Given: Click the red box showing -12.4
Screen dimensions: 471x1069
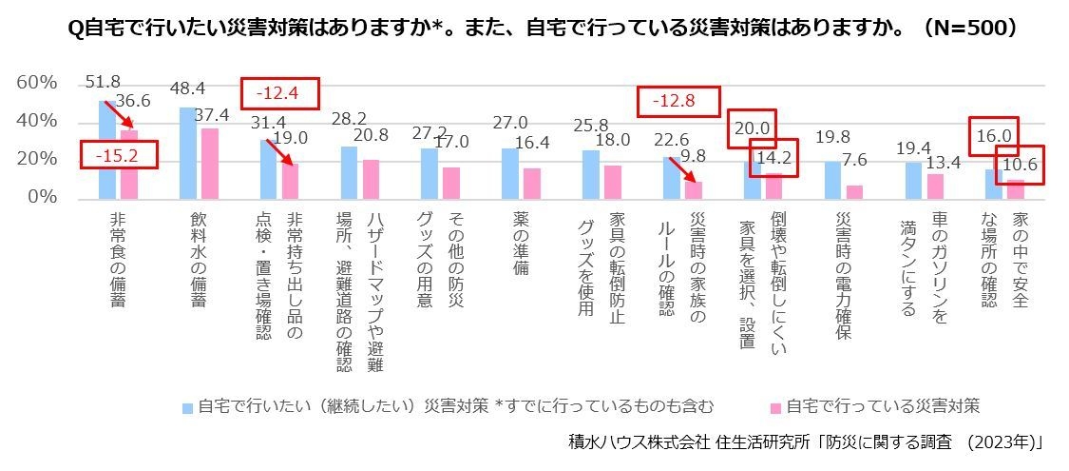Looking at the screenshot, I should click(281, 93).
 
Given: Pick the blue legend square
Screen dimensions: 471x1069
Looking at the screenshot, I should click(188, 407).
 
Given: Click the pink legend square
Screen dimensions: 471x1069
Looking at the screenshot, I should click(775, 407).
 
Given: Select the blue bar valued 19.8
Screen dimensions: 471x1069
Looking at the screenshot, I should click(832, 180).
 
